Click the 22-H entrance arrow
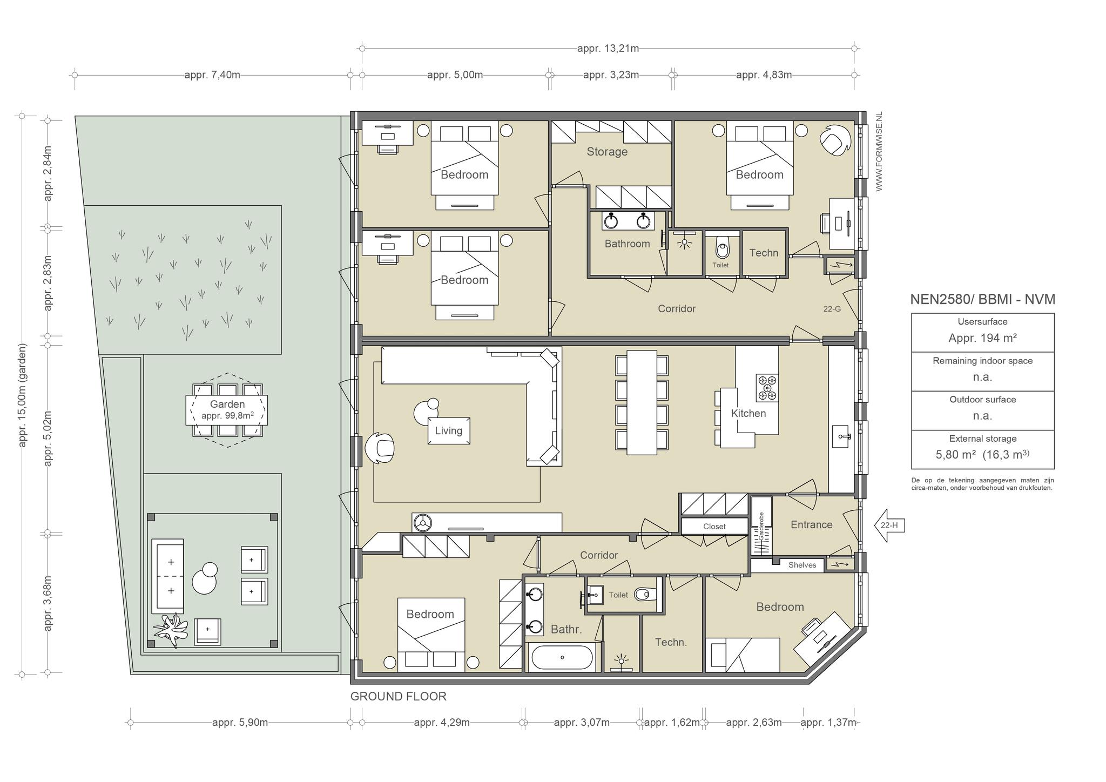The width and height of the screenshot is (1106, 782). tap(889, 525)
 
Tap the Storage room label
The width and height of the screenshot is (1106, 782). tap(607, 152)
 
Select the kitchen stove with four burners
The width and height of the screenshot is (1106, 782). tap(767, 388)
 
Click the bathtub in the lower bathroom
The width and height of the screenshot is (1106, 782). tap(562, 657)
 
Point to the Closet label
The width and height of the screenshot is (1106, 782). tap(714, 527)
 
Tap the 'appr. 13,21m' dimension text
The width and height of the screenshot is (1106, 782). tap(608, 49)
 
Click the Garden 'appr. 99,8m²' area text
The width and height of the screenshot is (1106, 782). tap(227, 416)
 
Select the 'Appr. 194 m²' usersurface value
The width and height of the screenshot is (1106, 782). tap(983, 339)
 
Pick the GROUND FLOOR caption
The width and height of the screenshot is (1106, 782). tap(399, 697)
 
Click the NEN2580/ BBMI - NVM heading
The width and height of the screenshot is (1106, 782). tap(983, 299)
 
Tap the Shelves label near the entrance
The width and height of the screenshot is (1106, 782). tap(802, 565)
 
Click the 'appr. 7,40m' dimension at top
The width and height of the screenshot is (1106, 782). tap(212, 75)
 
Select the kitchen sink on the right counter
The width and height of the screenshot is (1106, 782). tap(841, 436)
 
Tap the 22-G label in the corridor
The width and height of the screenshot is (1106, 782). tap(832, 309)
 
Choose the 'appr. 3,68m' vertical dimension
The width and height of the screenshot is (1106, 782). tap(48, 603)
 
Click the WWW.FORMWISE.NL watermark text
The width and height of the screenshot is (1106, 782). tap(879, 152)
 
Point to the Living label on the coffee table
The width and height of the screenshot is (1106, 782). tap(449, 431)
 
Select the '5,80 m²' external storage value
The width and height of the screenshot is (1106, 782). tap(956, 455)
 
